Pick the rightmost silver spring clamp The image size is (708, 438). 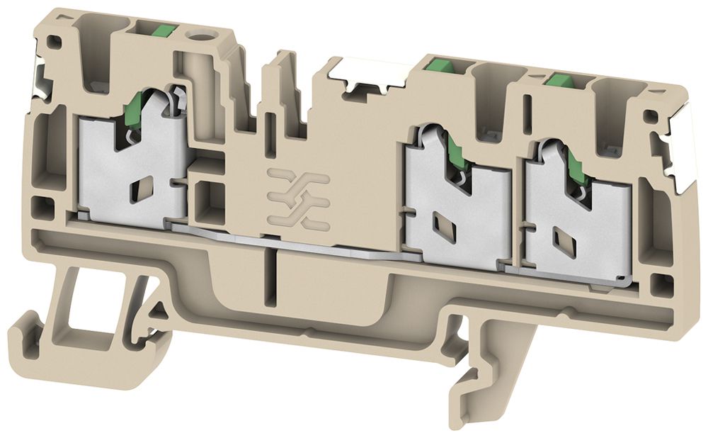coord(577,206)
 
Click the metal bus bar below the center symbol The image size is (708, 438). coord(297,245)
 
